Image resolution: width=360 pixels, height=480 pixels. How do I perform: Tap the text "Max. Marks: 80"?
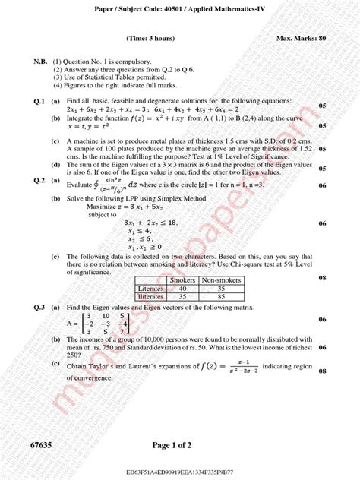tap(302, 37)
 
